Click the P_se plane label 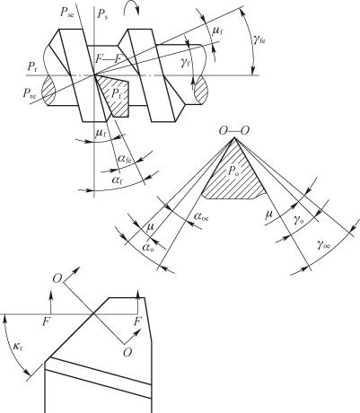coord(66,13)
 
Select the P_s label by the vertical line coord(102,14)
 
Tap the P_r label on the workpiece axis coord(32,67)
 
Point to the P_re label coord(30,93)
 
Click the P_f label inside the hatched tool coord(117,94)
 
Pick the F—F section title coord(108,59)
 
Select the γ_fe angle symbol coord(259,40)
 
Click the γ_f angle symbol coord(186,63)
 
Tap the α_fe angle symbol coord(125,159)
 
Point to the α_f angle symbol coord(118,180)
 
